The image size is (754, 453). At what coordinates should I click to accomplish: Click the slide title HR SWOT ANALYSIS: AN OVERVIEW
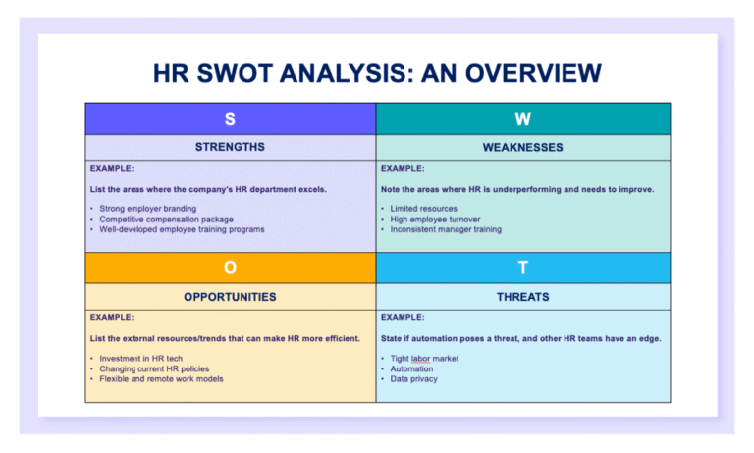[x=377, y=73]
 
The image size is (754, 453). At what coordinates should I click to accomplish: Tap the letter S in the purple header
[x=230, y=119]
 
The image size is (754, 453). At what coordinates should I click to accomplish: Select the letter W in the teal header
[x=523, y=119]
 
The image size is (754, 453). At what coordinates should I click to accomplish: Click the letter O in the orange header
[x=230, y=267]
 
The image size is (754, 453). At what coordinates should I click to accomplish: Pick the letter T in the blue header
[x=523, y=267]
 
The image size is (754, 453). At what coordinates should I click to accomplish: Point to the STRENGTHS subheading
[x=230, y=147]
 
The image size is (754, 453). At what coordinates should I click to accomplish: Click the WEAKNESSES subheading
[x=523, y=147]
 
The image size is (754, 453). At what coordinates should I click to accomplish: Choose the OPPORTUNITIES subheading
[x=230, y=296]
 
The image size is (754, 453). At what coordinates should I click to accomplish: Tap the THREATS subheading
[x=523, y=296]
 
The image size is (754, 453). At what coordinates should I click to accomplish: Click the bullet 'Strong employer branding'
[x=147, y=209]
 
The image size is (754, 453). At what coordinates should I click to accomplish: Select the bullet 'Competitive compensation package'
[x=167, y=219]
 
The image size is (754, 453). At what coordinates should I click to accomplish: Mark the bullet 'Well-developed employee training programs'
[x=182, y=229]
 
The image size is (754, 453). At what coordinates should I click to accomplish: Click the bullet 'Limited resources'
[x=424, y=209]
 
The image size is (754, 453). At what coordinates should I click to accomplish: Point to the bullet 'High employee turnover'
[x=435, y=219]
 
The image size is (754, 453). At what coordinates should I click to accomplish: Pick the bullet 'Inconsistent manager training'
[x=446, y=229]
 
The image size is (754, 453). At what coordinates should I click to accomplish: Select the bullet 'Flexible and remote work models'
[x=161, y=378]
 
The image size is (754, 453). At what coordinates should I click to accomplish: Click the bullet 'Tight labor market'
[x=424, y=359]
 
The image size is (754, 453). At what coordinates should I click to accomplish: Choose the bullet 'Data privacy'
[x=413, y=378]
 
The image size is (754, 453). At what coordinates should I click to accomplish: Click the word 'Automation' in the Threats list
[x=411, y=368]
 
